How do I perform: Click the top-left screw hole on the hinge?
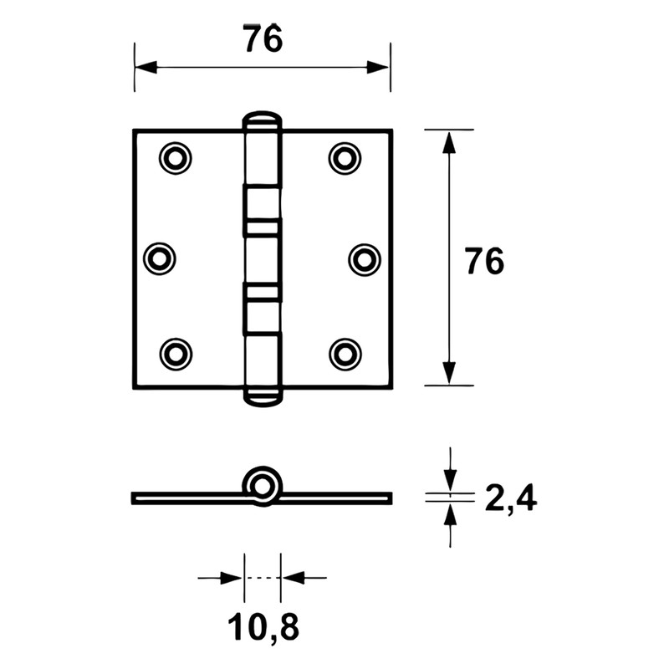175,158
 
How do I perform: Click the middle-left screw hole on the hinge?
159,259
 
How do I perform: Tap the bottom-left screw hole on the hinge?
176,354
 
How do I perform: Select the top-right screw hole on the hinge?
345,158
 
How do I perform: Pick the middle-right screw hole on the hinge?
365,259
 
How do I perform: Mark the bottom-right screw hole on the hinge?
345,354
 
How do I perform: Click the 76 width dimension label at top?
263,38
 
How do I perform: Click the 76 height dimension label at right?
484,261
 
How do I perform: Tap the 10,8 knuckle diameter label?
263,626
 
